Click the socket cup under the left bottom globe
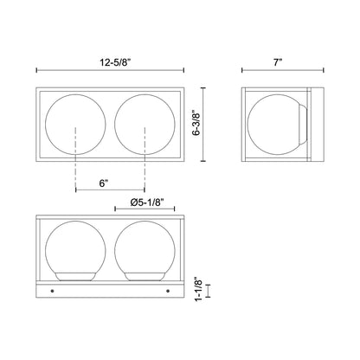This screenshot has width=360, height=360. click(76, 277)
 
